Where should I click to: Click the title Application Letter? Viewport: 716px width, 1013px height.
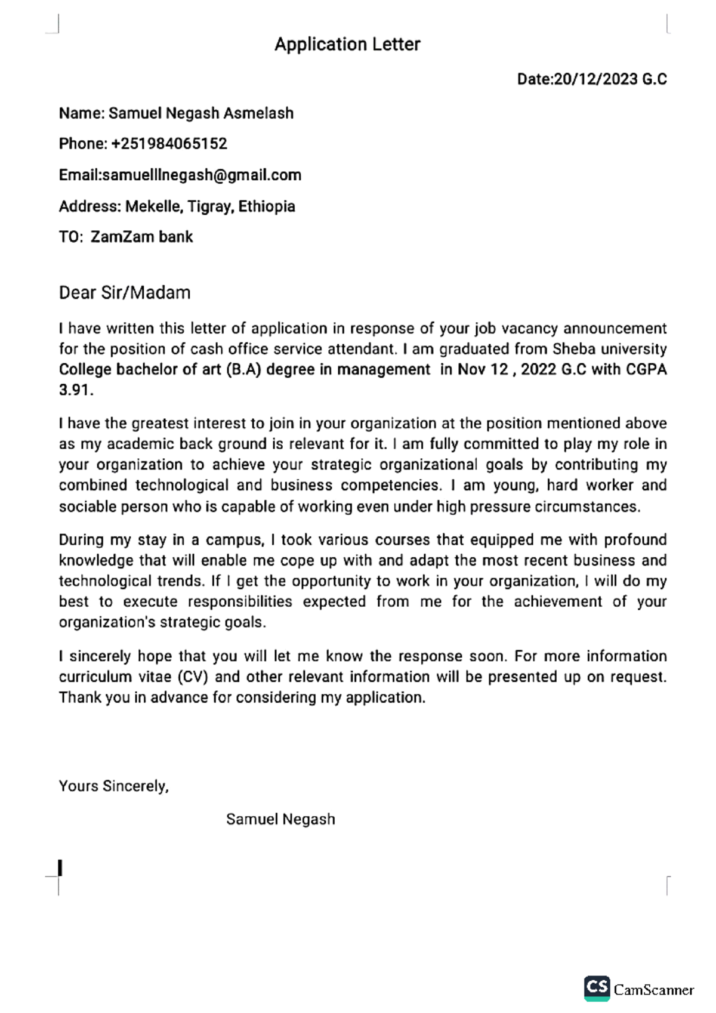tap(347, 44)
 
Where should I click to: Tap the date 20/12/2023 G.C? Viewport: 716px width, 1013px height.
tap(610, 79)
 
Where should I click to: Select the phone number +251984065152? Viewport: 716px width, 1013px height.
tap(169, 144)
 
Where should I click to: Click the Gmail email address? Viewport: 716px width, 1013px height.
tap(202, 175)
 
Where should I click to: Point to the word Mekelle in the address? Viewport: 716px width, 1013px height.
tap(153, 206)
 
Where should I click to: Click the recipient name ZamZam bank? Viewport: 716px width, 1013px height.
tap(141, 237)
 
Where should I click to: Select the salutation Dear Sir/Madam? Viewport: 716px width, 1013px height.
tap(125, 293)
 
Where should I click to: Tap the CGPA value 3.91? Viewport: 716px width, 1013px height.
tap(75, 390)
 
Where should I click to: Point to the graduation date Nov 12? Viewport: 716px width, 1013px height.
tap(483, 369)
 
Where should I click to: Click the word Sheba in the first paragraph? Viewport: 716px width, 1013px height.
tap(573, 349)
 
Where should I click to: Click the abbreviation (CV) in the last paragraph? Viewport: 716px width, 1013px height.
tap(192, 677)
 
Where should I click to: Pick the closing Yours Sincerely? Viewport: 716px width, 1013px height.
tap(113, 786)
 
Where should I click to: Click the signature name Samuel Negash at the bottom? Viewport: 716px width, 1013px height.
tap(280, 819)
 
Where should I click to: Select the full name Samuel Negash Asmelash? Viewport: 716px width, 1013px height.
tap(201, 113)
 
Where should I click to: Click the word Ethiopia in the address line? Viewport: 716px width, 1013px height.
tap(267, 206)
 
